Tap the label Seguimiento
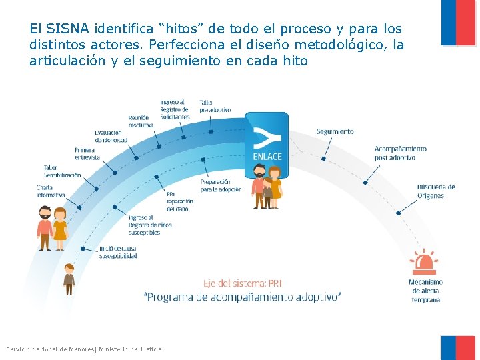pyautogui.click(x=335, y=132)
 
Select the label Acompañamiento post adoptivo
pyautogui.click(x=400, y=153)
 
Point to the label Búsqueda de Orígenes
pyautogui.click(x=436, y=191)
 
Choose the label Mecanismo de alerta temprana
pyautogui.click(x=425, y=291)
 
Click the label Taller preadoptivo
pyautogui.click(x=215, y=106)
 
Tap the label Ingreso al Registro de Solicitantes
pyautogui.click(x=175, y=109)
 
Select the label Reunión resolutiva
pyautogui.click(x=141, y=121)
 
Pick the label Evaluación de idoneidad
pyautogui.click(x=111, y=136)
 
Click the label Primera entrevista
pyautogui.click(x=87, y=153)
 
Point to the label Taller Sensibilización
pyautogui.click(x=62, y=171)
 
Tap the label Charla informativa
pyautogui.click(x=51, y=191)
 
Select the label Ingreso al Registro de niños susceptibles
pyautogui.click(x=150, y=225)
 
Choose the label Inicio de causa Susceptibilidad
pyautogui.click(x=118, y=252)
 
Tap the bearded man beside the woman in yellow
pyautogui.click(x=45, y=228)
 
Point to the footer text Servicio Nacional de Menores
pyautogui.click(x=51, y=349)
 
